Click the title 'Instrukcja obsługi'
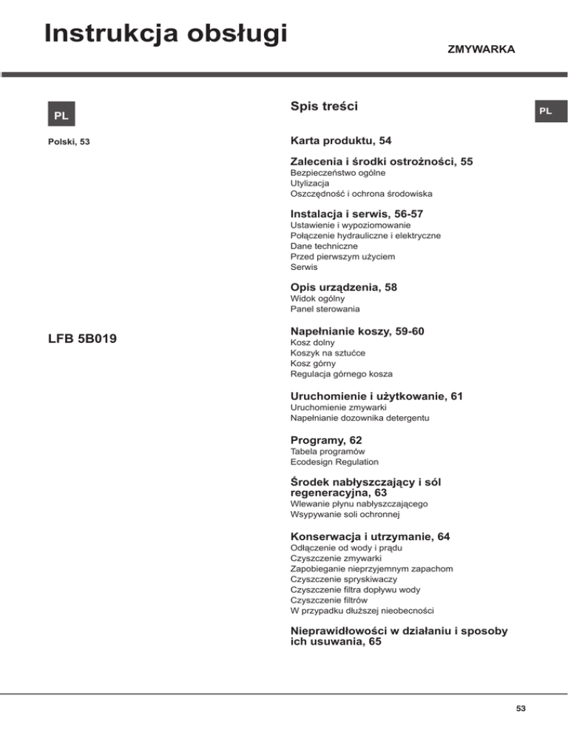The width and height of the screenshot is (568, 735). pyautogui.click(x=164, y=33)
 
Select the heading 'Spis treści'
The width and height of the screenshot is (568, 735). pyautogui.click(x=325, y=107)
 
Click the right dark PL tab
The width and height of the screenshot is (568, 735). pyautogui.click(x=545, y=111)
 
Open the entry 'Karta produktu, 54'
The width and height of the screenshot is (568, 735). pyautogui.click(x=340, y=140)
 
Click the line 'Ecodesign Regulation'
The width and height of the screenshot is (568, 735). pyautogui.click(x=335, y=461)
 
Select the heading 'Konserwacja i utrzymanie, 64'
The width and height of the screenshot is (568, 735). pyautogui.click(x=371, y=536)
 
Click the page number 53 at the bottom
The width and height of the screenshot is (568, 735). pyautogui.click(x=521, y=709)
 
